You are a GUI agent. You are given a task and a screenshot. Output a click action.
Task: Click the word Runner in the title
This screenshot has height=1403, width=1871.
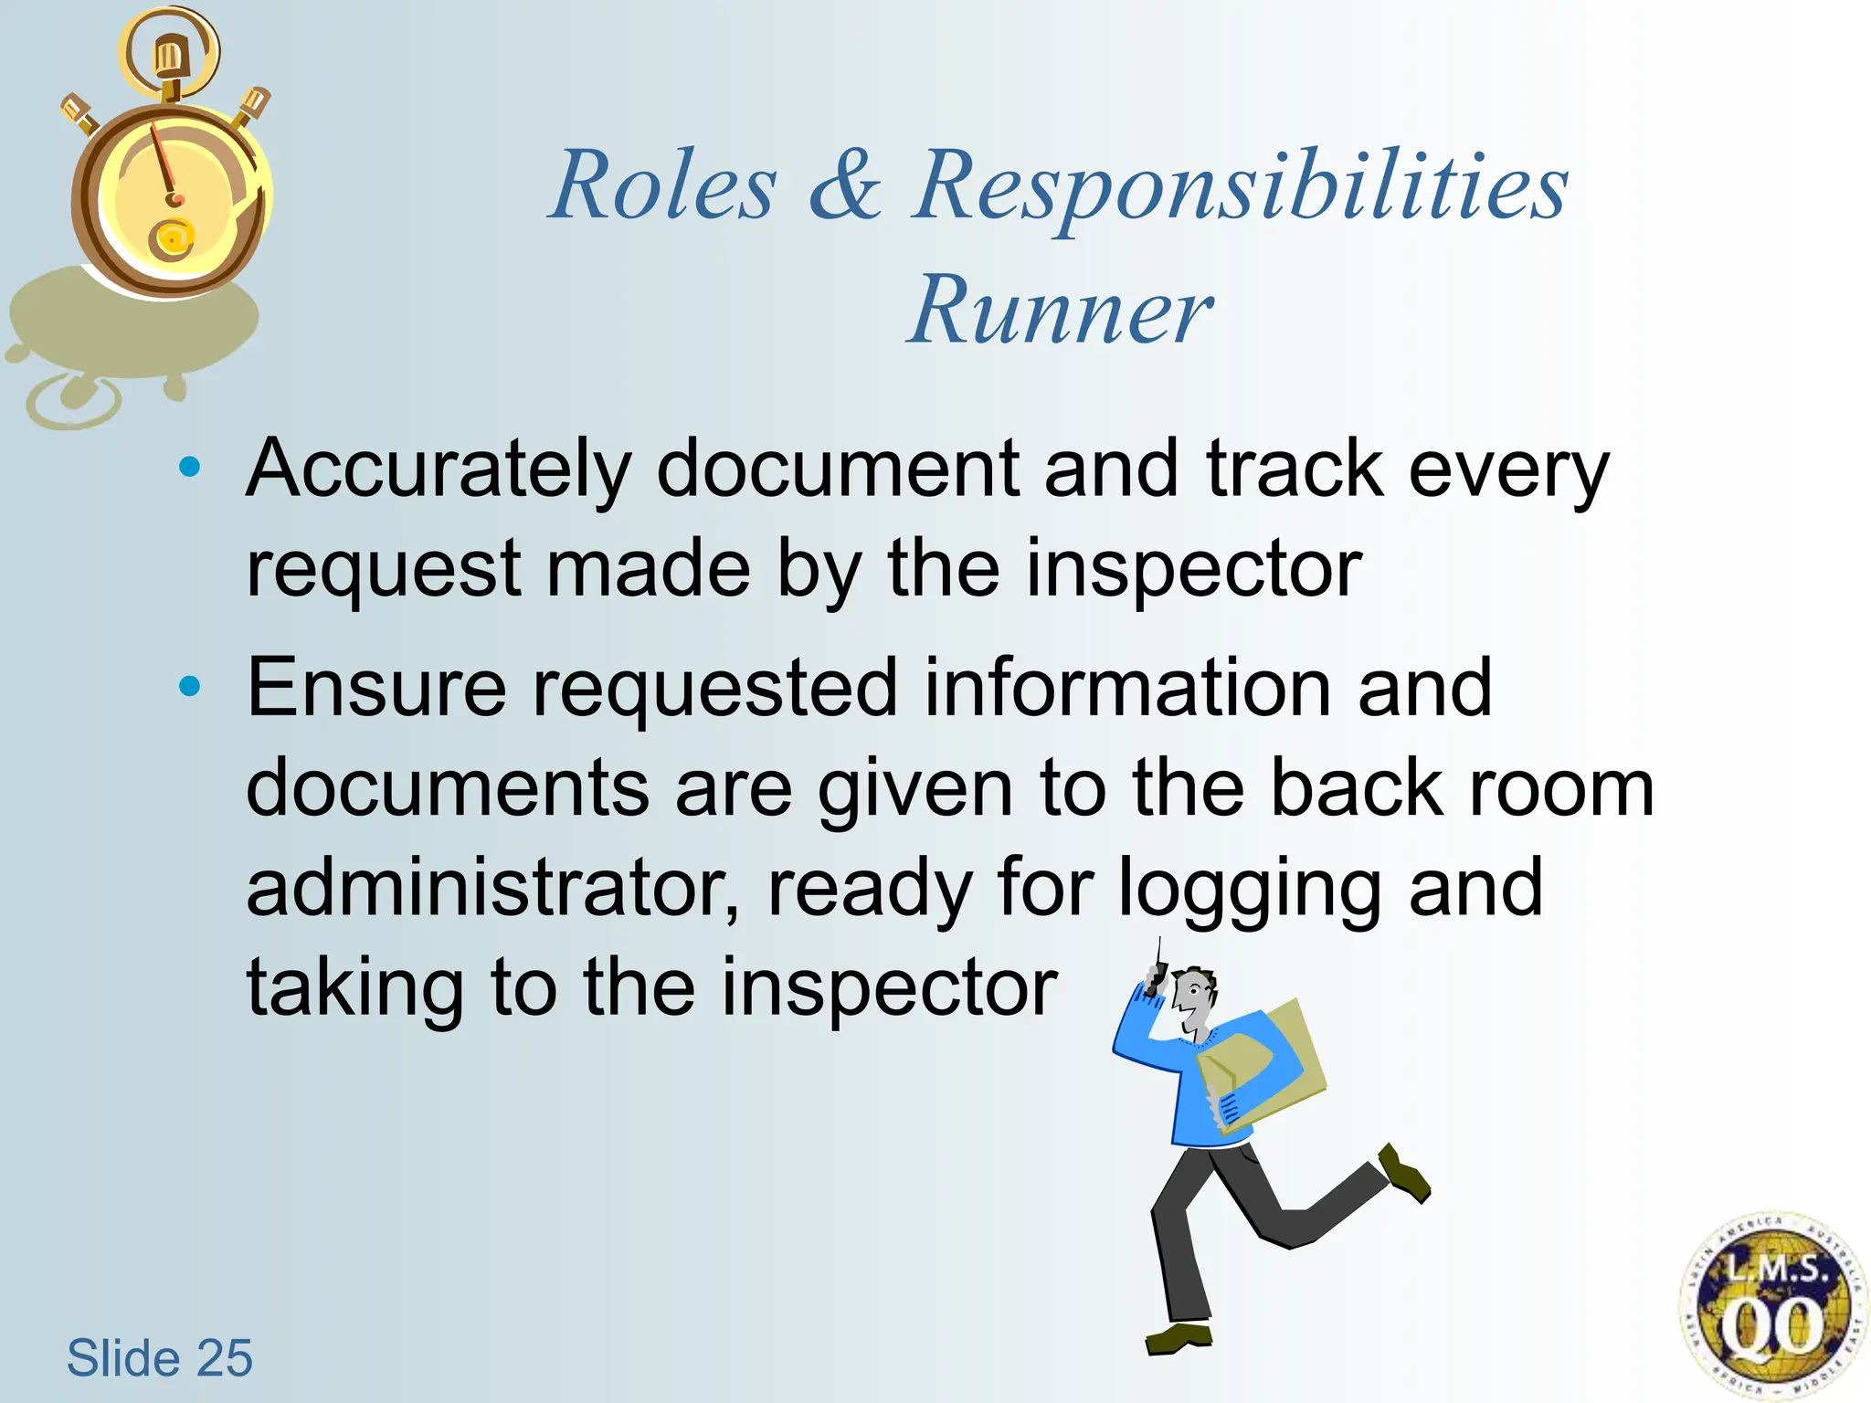[1060, 311]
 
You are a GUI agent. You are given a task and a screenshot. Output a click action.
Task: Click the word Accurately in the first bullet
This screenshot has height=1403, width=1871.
[439, 470]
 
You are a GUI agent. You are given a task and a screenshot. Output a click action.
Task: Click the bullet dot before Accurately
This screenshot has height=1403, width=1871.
[190, 468]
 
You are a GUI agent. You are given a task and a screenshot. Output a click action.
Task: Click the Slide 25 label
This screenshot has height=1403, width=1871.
[159, 1357]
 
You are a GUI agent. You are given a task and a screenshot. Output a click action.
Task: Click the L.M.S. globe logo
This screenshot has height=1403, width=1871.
[1771, 1306]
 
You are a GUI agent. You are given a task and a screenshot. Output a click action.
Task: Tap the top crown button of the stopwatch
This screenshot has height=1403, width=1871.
[168, 59]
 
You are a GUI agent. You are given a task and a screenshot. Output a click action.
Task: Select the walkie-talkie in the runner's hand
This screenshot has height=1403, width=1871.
[1156, 977]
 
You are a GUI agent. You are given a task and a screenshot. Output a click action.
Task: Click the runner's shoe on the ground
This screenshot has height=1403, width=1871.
[1178, 1338]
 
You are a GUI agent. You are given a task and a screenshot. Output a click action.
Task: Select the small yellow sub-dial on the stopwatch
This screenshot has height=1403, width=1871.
[172, 239]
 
